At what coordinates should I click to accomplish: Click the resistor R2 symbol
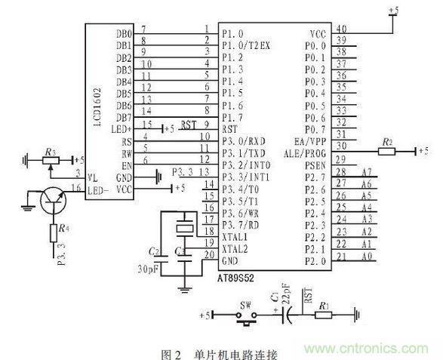point(386,151)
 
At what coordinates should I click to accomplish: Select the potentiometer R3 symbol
point(51,160)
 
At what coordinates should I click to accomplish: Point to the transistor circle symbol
point(54,198)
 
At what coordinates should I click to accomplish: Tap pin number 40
point(341,30)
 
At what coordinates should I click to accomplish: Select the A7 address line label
point(368,173)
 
